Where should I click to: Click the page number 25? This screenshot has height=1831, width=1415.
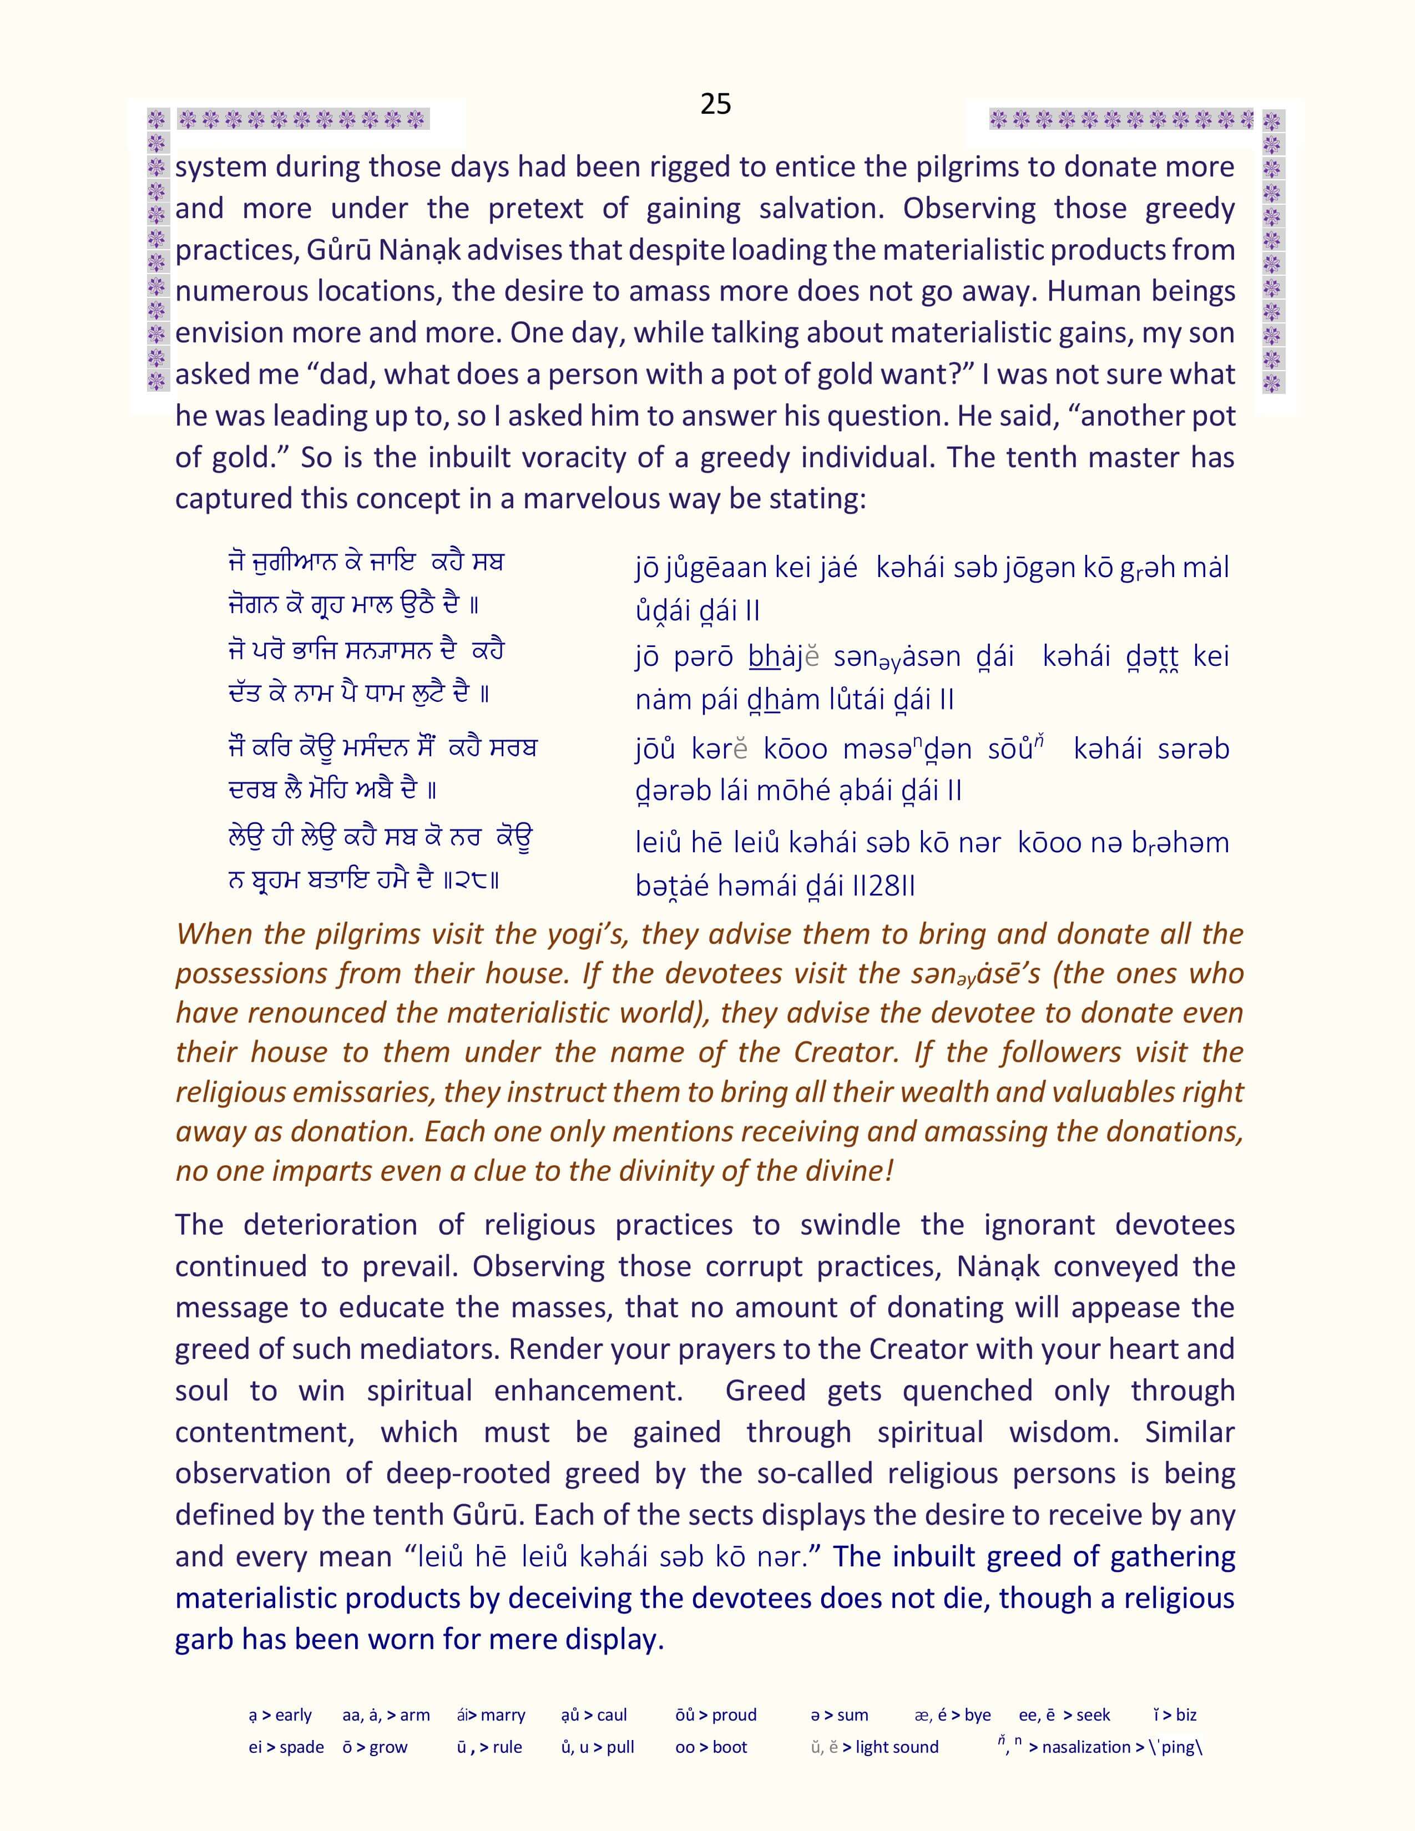(x=715, y=104)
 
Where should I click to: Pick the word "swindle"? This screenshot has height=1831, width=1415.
(x=850, y=1225)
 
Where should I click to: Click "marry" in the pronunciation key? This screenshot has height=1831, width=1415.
(x=503, y=1715)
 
